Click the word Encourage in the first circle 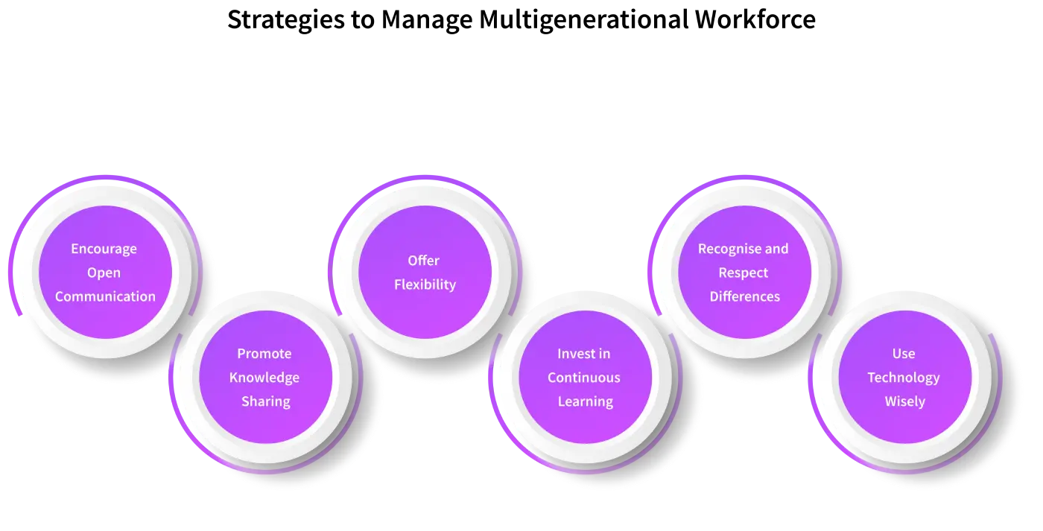coord(104,249)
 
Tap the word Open coord(104,273)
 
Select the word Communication coord(105,296)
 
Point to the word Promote coord(264,354)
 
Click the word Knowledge coord(264,378)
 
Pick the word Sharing coord(265,401)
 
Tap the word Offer coord(424,261)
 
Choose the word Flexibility coord(425,284)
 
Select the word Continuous coord(584,378)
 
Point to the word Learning coord(586,401)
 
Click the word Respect coord(744,273)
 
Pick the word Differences coord(745,296)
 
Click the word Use coord(904,354)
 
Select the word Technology coord(904,378)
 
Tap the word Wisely coord(904,401)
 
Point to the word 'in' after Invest coord(604,354)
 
